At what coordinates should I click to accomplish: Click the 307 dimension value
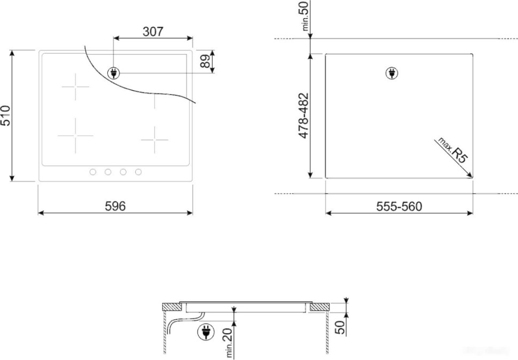[x=153, y=32]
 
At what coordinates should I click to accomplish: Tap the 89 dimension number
[x=205, y=61]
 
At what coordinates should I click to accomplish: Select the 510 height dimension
[x=5, y=115]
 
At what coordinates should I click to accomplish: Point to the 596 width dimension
[x=115, y=206]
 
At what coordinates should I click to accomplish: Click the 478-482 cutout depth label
[x=303, y=116]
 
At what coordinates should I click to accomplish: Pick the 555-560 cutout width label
[x=398, y=206]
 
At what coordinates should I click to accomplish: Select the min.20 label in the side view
[x=229, y=342]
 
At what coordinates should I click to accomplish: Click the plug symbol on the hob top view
[x=113, y=73]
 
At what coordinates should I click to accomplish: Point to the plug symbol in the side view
[x=203, y=332]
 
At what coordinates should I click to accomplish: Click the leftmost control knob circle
[x=92, y=172]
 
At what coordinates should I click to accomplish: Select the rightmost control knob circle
[x=138, y=172]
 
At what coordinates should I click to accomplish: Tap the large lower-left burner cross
[x=75, y=136]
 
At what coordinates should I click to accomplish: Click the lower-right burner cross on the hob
[x=155, y=139]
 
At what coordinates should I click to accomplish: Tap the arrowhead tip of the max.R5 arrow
[x=472, y=177]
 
